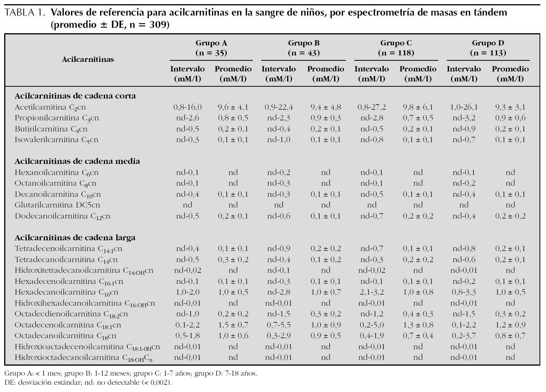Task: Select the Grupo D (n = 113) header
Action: coord(488,48)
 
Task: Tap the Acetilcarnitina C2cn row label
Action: coord(50,107)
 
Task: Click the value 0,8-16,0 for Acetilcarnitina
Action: coord(187,107)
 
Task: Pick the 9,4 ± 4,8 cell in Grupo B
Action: coord(325,107)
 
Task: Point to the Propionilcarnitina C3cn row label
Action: coord(57,118)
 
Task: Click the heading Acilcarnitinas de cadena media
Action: coord(77,161)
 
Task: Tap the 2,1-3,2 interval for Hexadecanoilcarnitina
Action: coord(372,292)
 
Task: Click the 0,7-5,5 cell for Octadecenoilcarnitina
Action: coord(279,325)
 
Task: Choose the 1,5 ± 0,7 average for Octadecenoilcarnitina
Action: coord(233,325)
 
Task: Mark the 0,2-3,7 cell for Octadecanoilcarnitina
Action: coord(464,336)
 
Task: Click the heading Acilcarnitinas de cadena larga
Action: coord(75,238)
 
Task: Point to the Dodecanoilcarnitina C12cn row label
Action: coord(62,216)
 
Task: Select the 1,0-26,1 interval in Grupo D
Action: coord(464,107)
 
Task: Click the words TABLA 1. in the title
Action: coord(25,13)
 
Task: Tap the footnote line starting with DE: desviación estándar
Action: coord(87,382)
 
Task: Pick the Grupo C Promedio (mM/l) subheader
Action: coord(418,74)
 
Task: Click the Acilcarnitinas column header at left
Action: coord(88,60)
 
